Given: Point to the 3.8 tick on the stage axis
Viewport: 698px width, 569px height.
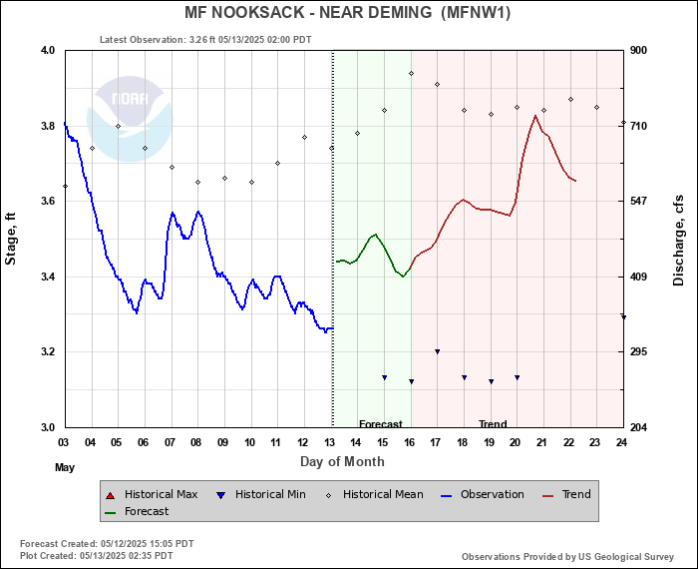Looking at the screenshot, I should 46,126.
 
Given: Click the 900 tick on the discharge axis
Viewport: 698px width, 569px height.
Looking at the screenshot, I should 639,50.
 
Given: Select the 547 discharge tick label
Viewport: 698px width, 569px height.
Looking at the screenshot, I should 639,202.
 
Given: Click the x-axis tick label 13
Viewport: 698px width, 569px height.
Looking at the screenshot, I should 329,442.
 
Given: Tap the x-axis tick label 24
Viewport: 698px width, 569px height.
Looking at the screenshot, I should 622,442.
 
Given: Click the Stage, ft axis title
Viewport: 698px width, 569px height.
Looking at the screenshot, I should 12,239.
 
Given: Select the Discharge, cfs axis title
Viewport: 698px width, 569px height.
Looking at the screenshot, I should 679,239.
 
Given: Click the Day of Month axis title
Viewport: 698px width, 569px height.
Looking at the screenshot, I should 342,461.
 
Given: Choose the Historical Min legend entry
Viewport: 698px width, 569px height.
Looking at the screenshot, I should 261,494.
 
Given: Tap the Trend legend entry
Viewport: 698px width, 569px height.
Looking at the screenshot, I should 566,494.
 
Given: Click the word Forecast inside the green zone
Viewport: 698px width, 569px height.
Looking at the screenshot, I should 380,424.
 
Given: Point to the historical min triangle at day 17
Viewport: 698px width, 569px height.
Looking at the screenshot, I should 437,351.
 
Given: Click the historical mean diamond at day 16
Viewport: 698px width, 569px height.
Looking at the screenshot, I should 411,73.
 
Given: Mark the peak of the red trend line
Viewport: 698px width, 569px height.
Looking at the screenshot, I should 535,115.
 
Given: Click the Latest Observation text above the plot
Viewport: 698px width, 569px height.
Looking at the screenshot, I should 205,40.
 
